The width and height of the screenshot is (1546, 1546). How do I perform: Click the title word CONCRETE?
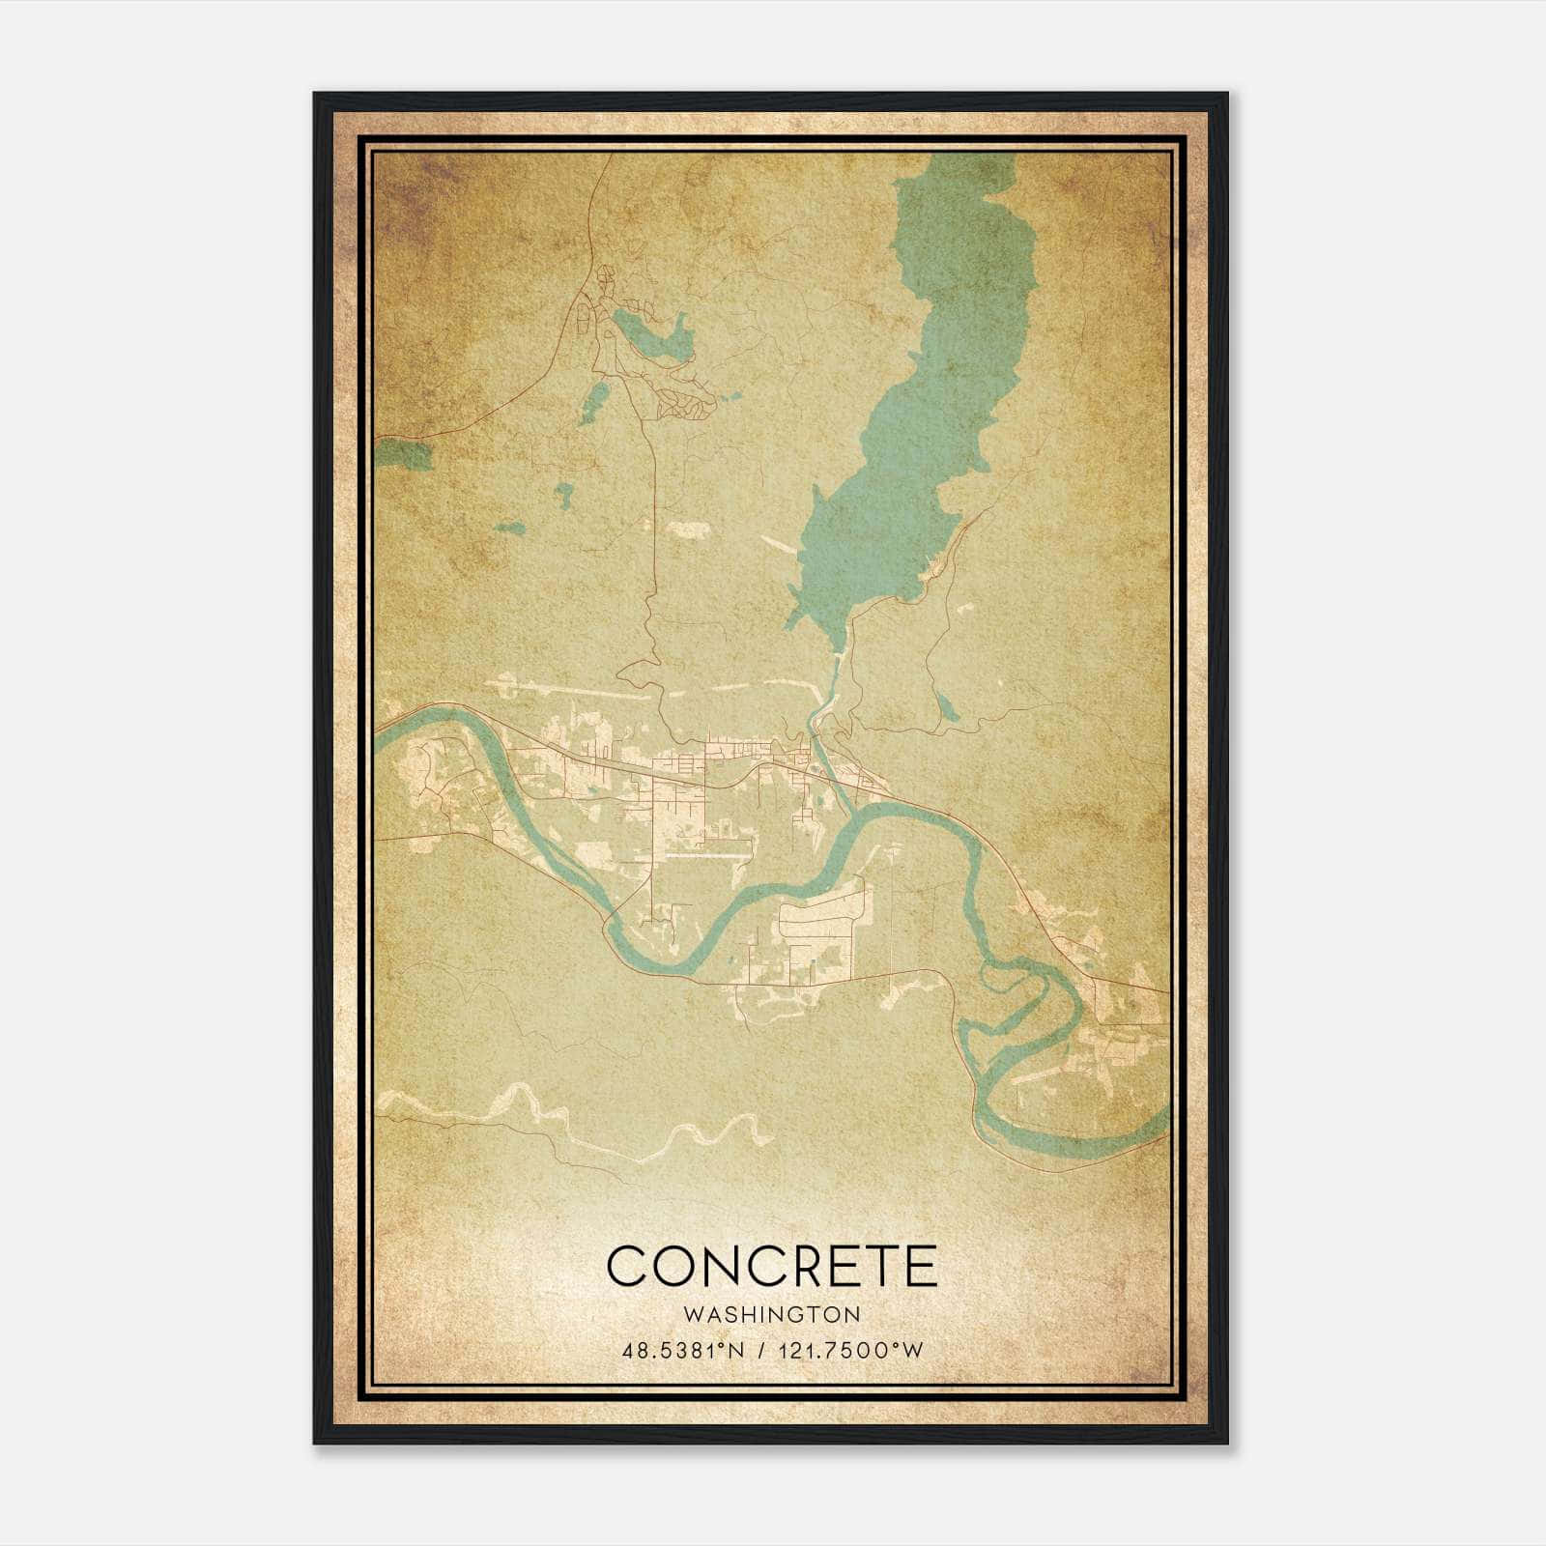tap(772, 1266)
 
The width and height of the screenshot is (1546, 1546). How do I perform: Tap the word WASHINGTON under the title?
tap(772, 1314)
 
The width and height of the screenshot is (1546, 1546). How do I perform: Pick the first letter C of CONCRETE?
tap(627, 1266)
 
